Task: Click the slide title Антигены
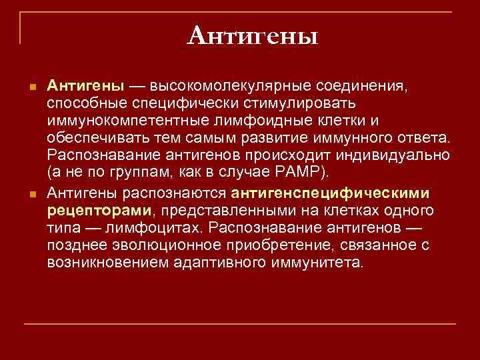tap(253, 35)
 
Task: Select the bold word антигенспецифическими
tap(331, 193)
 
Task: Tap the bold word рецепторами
tap(100, 211)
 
